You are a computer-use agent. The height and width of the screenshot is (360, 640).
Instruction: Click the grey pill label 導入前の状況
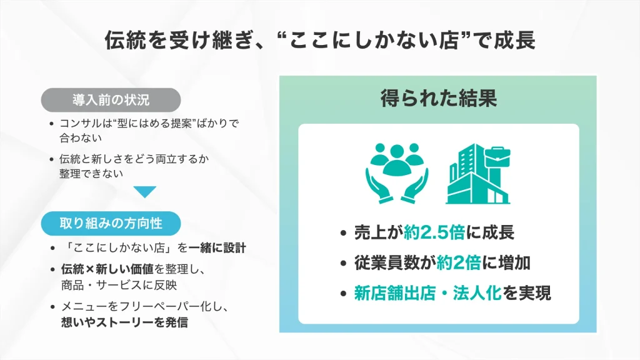click(111, 100)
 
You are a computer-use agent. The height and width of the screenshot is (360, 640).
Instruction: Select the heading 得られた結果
click(438, 98)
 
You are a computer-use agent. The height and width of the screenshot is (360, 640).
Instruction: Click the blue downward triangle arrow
click(144, 192)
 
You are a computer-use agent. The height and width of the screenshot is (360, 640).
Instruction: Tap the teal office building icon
click(477, 174)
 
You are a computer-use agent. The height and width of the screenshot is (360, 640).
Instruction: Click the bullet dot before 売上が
click(342, 234)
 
